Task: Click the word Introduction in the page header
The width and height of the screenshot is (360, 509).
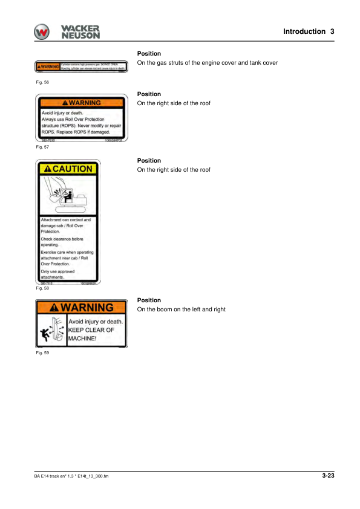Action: click(304, 31)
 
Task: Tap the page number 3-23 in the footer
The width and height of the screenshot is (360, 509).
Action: click(328, 476)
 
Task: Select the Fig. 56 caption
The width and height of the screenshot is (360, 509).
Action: click(42, 82)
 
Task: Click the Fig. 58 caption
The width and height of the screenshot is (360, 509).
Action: click(42, 288)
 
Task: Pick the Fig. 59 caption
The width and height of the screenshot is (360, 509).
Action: click(42, 353)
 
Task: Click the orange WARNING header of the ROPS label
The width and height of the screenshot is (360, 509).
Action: click(81, 103)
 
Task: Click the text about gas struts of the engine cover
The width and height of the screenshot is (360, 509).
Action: click(208, 63)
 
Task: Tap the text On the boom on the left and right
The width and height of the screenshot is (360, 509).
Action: click(182, 310)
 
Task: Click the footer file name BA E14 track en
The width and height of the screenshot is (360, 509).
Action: click(71, 476)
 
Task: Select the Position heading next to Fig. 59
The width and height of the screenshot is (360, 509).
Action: click(149, 300)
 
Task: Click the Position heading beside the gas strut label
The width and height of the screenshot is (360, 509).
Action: click(149, 54)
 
